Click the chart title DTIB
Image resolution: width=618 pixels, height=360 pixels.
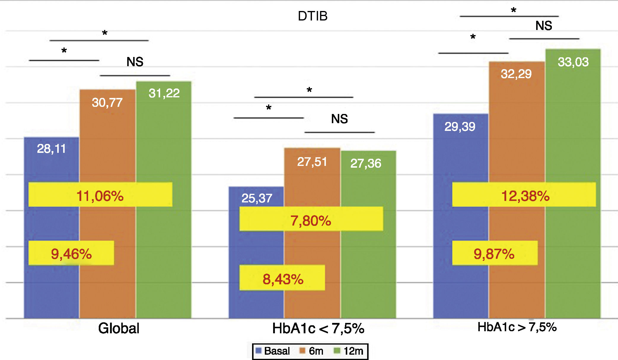click(x=313, y=16)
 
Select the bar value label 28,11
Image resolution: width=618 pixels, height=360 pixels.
click(x=51, y=148)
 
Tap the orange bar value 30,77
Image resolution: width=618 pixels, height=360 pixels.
click(x=107, y=103)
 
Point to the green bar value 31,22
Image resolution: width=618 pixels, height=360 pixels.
click(x=164, y=93)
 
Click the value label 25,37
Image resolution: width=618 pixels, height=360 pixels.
click(x=257, y=198)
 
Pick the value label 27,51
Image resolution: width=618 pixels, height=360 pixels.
click(x=312, y=162)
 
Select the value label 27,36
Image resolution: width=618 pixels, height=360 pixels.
click(x=366, y=163)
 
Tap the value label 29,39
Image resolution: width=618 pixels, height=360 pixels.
click(x=460, y=127)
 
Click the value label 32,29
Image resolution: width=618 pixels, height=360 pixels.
click(x=516, y=74)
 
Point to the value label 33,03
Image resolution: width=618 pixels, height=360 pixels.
click(x=573, y=62)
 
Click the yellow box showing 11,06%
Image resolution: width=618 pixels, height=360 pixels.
click(x=100, y=195)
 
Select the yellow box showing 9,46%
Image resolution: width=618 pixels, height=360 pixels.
click(x=71, y=253)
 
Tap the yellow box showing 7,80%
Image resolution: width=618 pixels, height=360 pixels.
click(x=311, y=219)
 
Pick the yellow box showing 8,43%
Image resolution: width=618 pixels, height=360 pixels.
click(x=282, y=278)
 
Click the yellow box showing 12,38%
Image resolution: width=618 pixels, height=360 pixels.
click(x=524, y=195)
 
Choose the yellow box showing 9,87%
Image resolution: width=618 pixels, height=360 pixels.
click(x=495, y=253)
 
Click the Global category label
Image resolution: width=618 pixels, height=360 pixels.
click(x=119, y=328)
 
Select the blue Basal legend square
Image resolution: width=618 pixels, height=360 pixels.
click(x=258, y=351)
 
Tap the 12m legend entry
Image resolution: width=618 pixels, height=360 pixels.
click(x=348, y=351)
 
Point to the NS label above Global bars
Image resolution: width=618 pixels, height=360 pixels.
click(x=135, y=62)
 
